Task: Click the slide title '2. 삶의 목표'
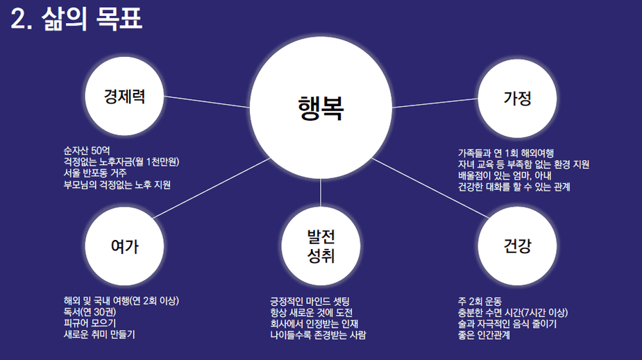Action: pos(77,19)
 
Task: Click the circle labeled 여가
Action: pos(124,246)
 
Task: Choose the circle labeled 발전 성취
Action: pos(321,247)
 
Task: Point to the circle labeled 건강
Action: pos(517,246)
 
